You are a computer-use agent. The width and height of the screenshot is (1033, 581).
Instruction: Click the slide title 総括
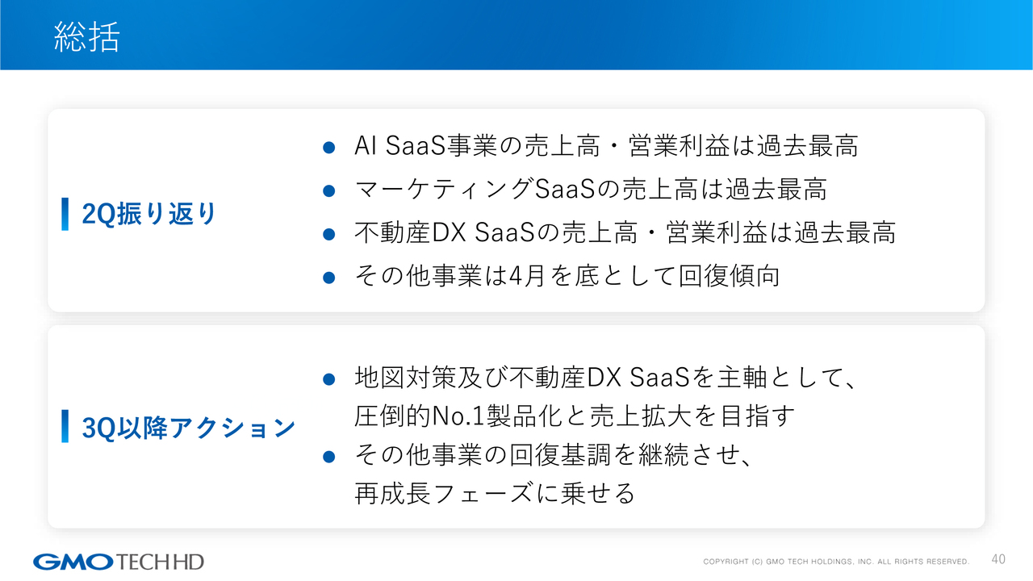[87, 36]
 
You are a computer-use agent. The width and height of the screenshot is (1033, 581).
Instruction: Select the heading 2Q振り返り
[149, 214]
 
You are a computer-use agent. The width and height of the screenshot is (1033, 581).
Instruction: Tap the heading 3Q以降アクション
[189, 427]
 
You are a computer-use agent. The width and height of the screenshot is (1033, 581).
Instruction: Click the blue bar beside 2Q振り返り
[65, 214]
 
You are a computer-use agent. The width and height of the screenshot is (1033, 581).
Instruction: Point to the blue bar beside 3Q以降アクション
[65, 426]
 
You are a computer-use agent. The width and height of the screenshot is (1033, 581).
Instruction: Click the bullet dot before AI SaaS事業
[328, 148]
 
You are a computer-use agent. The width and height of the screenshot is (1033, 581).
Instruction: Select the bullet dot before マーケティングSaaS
[328, 190]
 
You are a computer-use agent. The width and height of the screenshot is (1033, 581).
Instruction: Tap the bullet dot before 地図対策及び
[328, 379]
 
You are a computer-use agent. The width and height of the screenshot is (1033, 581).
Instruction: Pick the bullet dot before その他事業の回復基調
[328, 457]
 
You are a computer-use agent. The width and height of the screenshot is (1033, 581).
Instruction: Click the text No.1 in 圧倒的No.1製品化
[458, 416]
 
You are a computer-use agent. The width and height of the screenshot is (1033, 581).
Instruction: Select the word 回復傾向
[729, 276]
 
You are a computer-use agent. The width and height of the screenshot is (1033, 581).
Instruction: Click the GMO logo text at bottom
[73, 562]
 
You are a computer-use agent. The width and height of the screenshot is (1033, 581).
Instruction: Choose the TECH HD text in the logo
[160, 562]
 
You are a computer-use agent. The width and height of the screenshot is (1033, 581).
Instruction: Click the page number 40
[998, 559]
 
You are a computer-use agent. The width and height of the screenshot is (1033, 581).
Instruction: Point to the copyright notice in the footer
[836, 562]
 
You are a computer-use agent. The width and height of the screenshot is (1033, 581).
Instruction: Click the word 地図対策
[406, 377]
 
